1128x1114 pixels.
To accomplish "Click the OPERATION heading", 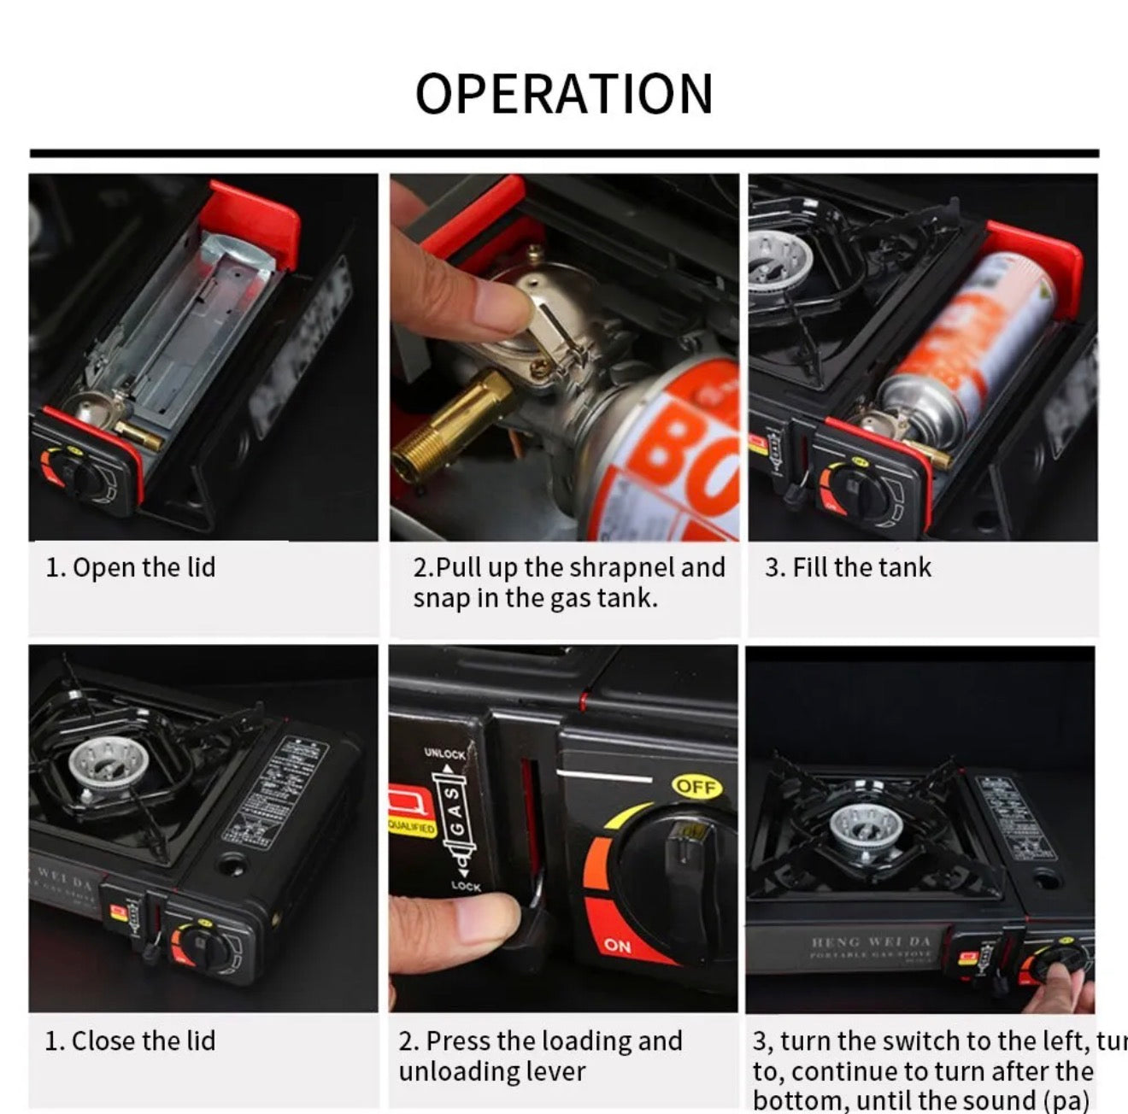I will click(563, 93).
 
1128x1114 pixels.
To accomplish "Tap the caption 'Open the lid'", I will click(131, 567).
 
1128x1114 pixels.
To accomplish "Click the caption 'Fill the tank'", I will click(848, 567).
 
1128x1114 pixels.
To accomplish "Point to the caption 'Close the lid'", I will click(130, 1041).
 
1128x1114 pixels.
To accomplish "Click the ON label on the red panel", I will click(617, 945).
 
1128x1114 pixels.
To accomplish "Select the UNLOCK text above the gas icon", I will click(444, 753).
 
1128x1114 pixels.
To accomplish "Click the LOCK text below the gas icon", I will click(466, 886).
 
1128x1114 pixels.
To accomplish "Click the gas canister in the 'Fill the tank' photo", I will click(966, 350).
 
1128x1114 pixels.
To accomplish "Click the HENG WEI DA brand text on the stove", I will click(870, 941).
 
